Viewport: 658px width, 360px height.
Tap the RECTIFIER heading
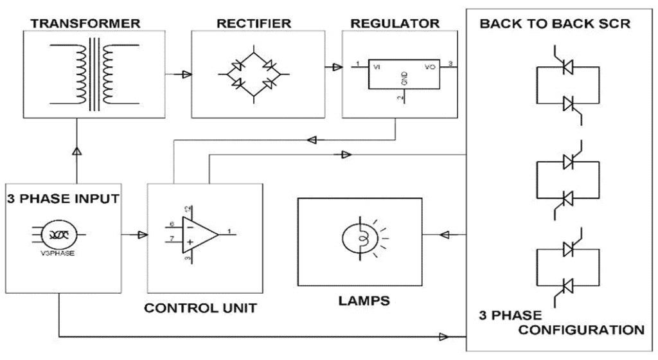pyautogui.click(x=253, y=24)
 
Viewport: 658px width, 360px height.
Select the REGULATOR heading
pyautogui.click(x=395, y=24)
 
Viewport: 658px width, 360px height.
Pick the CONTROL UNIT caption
pyautogui.click(x=200, y=308)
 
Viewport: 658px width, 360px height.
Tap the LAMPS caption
pyautogui.click(x=363, y=300)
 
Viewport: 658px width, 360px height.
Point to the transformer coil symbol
pyautogui.click(x=93, y=72)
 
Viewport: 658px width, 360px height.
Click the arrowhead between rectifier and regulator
pyautogui.click(x=335, y=66)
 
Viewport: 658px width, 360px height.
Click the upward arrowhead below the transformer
pyautogui.click(x=76, y=150)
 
